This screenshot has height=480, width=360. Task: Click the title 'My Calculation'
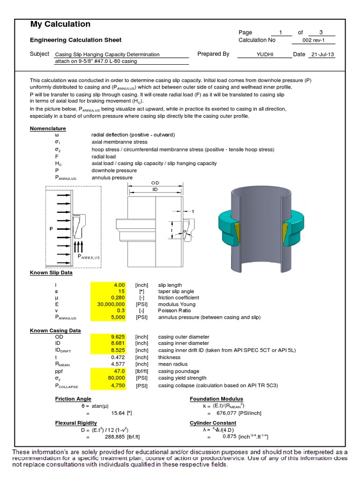pyautogui.click(x=60, y=24)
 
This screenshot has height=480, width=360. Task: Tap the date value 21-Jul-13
pyautogui.click(x=323, y=54)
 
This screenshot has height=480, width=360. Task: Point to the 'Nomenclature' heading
pyautogui.click(x=48, y=128)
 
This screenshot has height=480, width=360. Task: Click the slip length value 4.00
pyautogui.click(x=119, y=285)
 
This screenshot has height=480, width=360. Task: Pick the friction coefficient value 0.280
pyautogui.click(x=118, y=298)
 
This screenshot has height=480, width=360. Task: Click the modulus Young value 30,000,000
pyautogui.click(x=110, y=304)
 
